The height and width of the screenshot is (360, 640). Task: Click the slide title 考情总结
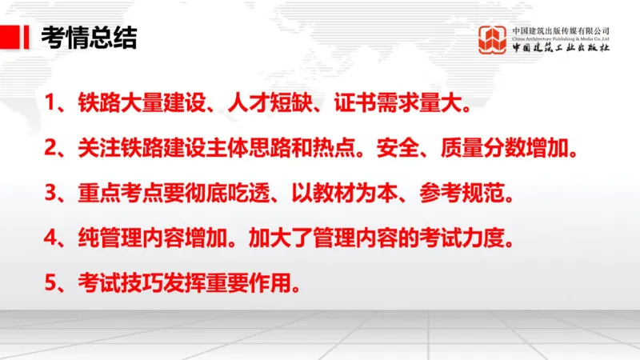pos(88,37)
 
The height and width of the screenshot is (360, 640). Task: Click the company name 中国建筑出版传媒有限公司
pos(561,30)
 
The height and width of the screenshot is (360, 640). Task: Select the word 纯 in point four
pos(87,239)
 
